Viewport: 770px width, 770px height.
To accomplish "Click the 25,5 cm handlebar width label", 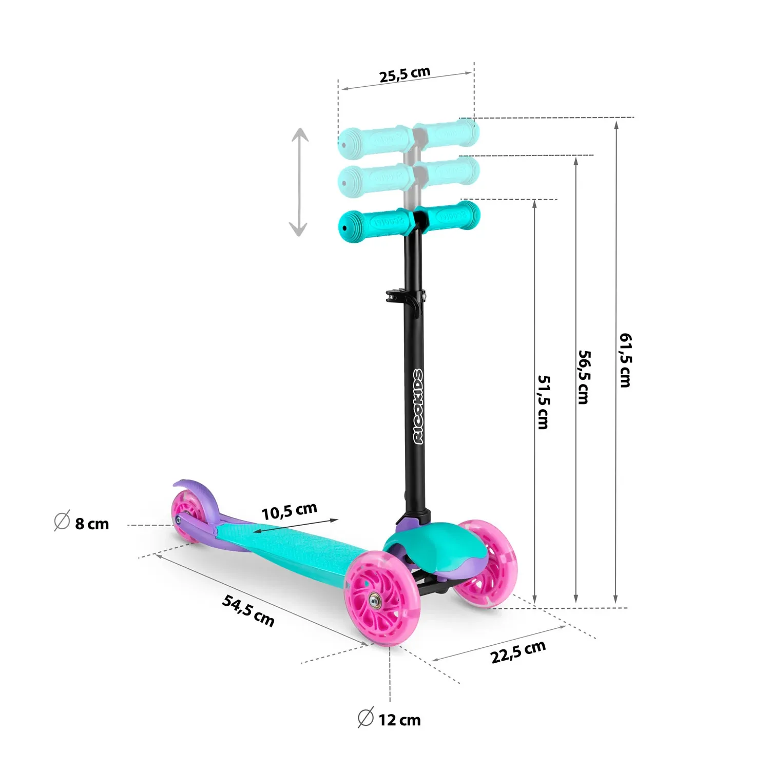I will coord(405,74).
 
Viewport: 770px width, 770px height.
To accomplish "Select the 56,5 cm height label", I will coord(584,377).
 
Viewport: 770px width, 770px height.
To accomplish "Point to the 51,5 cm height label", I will coord(543,402).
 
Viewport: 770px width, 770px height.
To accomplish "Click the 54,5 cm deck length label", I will coord(248,610).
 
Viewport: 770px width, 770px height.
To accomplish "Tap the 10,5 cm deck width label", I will coord(289,511).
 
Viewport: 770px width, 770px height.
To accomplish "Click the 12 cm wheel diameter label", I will coord(399,720).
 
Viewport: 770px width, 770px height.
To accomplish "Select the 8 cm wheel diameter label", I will coord(92,524).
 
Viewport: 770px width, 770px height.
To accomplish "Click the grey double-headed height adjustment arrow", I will coord(299,182).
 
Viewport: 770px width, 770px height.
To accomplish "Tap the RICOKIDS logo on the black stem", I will coord(419,406).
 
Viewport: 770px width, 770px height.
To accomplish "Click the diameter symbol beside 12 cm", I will coord(365,717).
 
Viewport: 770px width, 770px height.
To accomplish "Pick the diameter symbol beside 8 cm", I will coord(62,521).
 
